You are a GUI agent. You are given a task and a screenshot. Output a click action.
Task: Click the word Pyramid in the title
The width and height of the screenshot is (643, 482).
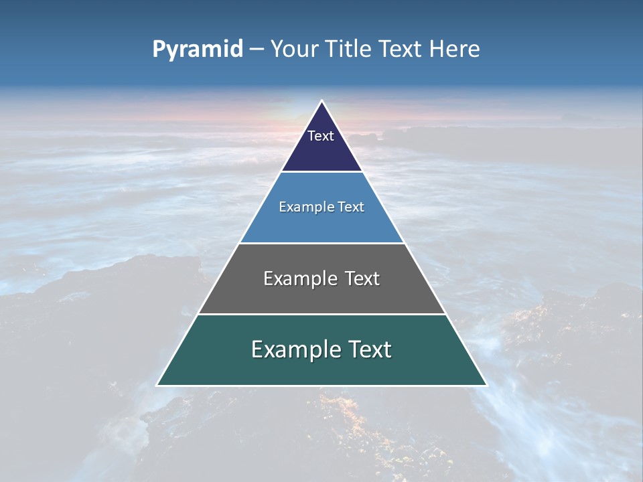[x=197, y=50]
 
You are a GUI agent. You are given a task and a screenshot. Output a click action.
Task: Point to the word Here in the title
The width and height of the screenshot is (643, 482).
[x=454, y=49]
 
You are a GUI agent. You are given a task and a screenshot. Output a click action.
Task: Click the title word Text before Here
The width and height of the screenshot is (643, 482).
[x=401, y=49]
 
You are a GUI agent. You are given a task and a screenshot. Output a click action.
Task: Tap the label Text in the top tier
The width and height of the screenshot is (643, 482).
[x=321, y=136]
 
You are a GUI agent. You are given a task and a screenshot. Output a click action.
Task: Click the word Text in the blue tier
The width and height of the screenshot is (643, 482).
[x=352, y=207]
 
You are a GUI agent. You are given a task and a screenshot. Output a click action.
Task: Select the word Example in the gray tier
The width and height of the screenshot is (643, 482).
[x=299, y=278]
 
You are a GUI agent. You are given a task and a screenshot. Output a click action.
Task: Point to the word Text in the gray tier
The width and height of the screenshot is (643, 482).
[x=362, y=278]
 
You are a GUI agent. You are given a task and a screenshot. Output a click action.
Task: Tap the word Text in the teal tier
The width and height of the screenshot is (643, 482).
[x=370, y=349]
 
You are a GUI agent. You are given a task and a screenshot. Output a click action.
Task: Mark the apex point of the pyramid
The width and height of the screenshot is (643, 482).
[x=321, y=101]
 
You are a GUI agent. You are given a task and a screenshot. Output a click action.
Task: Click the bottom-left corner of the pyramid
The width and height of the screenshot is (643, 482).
[x=157, y=385]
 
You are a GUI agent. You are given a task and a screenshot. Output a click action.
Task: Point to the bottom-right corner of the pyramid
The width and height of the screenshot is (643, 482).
[x=486, y=385]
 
